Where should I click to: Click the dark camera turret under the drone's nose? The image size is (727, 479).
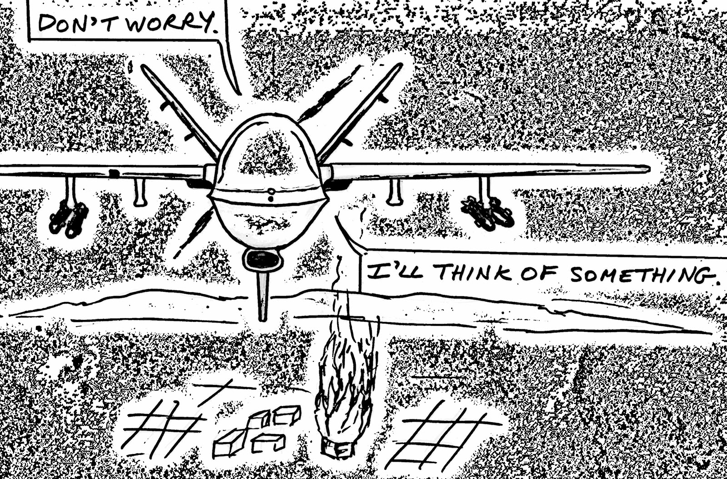[x=263, y=259]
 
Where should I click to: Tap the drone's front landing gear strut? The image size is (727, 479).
[x=263, y=295]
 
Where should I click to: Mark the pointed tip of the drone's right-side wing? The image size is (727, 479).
[x=647, y=169]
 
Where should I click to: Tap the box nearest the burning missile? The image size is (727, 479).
[x=286, y=414]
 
